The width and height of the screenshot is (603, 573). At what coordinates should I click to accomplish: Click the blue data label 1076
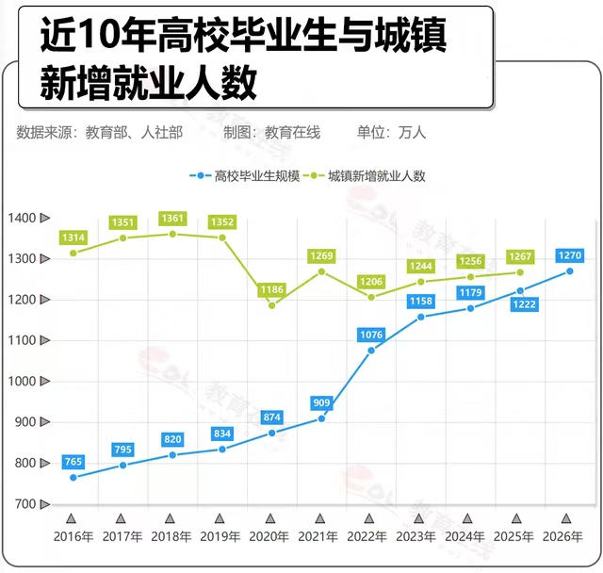pos(370,335)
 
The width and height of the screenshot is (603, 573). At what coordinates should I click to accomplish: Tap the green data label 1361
pos(172,219)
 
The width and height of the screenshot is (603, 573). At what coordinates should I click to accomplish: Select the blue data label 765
pos(73,462)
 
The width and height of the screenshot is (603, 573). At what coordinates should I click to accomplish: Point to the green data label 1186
pos(271,290)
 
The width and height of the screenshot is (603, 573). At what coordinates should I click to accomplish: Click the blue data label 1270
pos(568,255)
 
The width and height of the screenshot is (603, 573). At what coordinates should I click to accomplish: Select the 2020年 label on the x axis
pos(270,536)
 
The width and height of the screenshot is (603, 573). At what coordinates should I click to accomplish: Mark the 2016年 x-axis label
pos(73,536)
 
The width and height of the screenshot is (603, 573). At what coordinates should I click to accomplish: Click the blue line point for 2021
pos(321,418)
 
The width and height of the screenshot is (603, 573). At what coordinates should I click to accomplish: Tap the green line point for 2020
pos(271,305)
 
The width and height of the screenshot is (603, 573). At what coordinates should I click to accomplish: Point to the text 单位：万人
pos(391,133)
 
